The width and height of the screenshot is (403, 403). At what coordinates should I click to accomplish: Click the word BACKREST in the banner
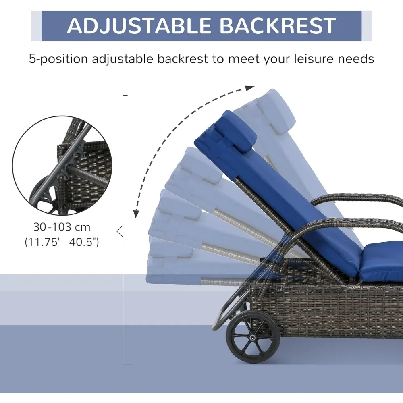278,26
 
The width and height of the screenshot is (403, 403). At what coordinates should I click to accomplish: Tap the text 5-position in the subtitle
58,59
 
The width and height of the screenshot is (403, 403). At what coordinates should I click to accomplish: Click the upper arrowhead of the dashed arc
250,87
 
